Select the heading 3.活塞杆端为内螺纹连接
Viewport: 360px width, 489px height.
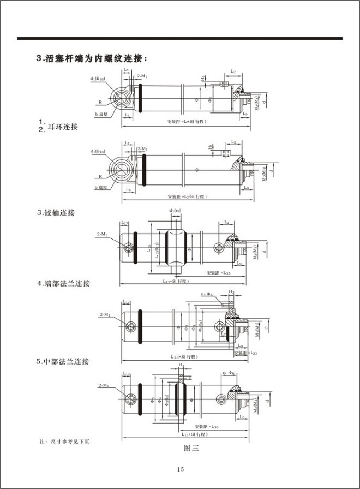91,58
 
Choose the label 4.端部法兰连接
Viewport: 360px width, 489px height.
63,284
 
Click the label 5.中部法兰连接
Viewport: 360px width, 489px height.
63,361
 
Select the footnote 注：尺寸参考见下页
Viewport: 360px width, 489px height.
65,440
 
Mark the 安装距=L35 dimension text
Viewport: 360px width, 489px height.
218,272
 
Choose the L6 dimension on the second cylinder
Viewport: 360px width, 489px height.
127,188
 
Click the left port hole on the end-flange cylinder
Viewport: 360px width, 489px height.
131,326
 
